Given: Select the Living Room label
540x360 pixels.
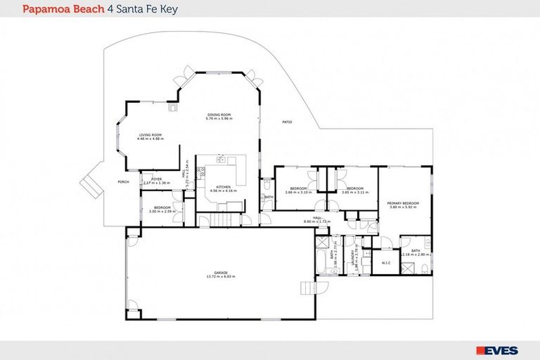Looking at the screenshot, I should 150,134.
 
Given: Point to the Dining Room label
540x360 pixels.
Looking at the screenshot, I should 219,115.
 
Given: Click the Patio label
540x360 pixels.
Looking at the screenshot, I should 287,122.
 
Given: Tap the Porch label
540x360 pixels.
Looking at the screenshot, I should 124,181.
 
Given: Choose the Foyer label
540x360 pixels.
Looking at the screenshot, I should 155,179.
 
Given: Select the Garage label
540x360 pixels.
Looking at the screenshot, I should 220,273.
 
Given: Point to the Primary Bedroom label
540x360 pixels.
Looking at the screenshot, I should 403,203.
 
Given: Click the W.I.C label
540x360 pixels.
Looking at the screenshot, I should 385,264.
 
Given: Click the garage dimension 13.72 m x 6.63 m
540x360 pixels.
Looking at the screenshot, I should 220,277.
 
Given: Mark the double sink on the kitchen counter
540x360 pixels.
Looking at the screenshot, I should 220,160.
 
